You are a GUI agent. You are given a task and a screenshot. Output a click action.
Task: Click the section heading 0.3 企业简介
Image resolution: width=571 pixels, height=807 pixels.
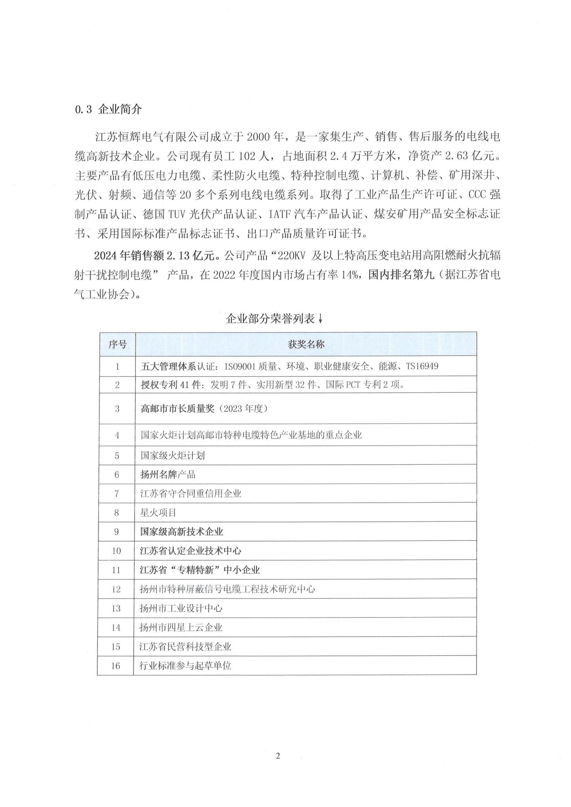coord(108,109)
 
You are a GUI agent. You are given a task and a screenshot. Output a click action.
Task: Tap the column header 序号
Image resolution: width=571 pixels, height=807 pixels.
coord(117,344)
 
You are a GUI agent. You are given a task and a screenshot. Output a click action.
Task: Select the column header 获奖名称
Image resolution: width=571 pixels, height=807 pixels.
coord(306,344)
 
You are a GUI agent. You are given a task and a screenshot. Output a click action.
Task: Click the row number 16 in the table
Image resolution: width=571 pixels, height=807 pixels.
coord(116,666)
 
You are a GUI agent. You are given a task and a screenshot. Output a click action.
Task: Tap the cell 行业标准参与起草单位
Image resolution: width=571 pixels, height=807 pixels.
coord(185,666)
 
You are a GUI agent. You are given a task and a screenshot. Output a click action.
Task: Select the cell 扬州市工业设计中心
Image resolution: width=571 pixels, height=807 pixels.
coord(181,608)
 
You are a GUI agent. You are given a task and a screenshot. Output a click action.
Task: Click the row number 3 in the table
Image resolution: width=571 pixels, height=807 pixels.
coord(117,409)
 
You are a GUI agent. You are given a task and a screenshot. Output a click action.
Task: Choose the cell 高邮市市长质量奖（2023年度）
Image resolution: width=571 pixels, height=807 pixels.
coord(204,409)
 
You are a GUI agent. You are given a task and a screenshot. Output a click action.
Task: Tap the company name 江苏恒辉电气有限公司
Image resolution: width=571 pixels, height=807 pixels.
coord(152,137)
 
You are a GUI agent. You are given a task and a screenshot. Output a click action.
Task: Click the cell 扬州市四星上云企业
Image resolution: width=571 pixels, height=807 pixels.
coord(181,628)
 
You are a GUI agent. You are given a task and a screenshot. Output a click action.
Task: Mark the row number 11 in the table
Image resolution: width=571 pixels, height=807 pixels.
coord(116,570)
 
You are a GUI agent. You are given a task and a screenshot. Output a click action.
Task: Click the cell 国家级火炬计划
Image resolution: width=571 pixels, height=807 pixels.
coord(172,455)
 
